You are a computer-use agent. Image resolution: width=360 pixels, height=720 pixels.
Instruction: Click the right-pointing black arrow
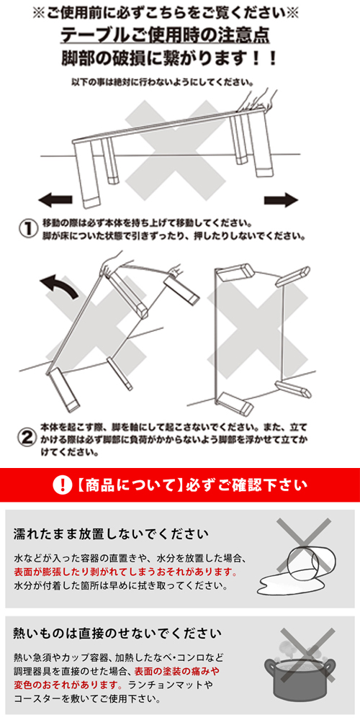coord(281,199)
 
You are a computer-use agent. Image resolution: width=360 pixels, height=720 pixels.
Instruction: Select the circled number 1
coord(27,228)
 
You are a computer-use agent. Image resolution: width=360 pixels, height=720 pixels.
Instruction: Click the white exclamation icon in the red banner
coord(63,485)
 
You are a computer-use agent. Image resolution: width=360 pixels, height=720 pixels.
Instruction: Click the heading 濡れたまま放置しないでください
coord(112,534)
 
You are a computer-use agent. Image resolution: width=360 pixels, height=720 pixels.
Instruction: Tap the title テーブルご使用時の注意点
coord(180,35)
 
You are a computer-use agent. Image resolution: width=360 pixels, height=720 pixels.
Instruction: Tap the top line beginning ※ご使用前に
coord(180,12)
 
